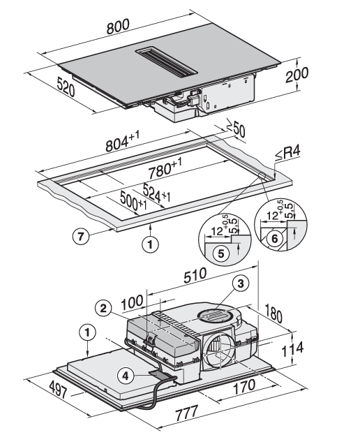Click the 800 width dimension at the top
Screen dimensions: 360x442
119,27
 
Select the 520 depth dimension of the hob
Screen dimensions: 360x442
66,87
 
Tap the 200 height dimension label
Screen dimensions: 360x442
297,75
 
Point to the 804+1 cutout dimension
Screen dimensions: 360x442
122,141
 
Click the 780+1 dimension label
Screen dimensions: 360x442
165,168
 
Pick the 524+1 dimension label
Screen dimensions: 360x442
156,193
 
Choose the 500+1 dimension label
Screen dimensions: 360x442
133,200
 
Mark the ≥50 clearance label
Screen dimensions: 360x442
236,131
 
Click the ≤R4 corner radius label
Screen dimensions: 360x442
287,154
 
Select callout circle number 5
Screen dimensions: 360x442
221,253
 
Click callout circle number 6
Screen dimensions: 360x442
274,239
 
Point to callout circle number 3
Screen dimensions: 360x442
241,283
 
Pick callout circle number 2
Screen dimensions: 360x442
104,309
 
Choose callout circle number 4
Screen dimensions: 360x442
126,376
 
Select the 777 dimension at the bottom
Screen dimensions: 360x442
187,413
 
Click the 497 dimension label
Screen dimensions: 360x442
59,389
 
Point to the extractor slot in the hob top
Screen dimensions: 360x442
167,63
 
